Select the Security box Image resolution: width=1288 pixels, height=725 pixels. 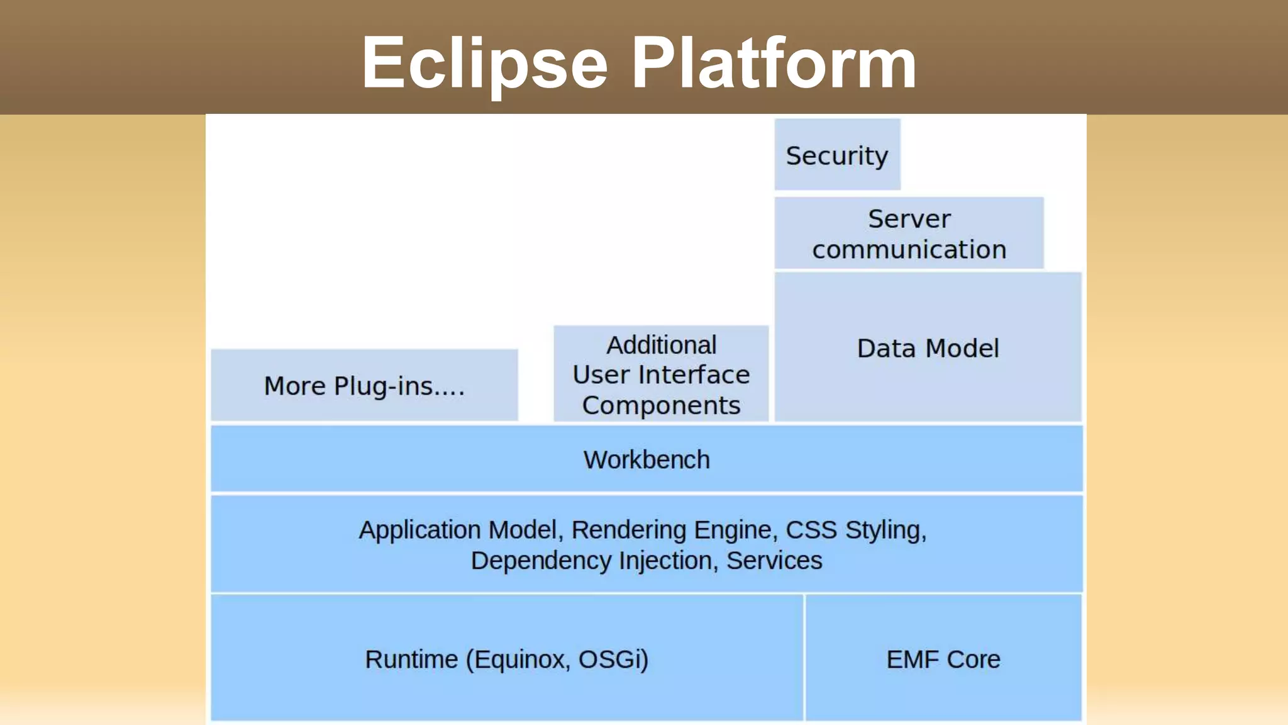pos(837,155)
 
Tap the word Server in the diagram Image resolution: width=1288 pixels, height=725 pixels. pos(909,219)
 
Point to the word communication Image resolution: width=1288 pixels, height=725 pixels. pos(909,250)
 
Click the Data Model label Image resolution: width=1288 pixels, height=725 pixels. pos(928,348)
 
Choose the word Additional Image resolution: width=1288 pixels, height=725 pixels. pos(661,345)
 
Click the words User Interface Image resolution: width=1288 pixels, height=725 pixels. pos(661,375)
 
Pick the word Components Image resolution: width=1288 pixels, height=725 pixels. pos(661,405)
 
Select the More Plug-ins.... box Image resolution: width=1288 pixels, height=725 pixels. pos(364,385)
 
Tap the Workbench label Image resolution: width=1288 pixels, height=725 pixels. pos(647,459)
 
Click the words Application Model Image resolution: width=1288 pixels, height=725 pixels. pos(458,530)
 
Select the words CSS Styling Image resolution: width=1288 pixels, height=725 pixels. pos(855,530)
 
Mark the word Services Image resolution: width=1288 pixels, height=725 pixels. pos(774,561)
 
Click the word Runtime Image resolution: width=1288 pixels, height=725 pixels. pos(411,660)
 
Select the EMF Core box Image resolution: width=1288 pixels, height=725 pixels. pos(943,659)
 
